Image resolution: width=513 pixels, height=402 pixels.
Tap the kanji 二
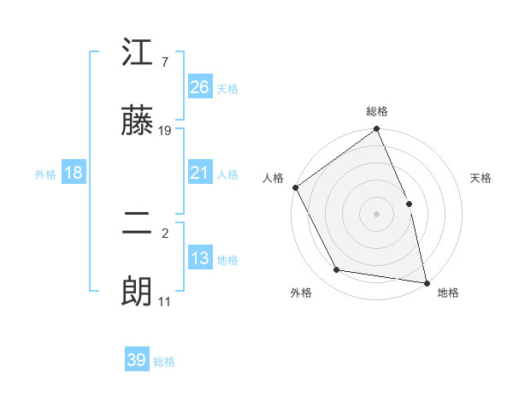[137, 223]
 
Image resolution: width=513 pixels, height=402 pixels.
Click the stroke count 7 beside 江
[164, 62]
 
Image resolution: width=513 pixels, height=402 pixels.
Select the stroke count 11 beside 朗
[165, 301]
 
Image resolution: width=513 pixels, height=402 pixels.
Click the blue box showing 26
[200, 87]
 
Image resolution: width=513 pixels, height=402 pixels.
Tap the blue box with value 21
[200, 174]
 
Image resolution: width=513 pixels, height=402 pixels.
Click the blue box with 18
[74, 174]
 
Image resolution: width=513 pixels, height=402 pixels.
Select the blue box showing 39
[137, 360]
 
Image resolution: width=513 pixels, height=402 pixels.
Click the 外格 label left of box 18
[45, 174]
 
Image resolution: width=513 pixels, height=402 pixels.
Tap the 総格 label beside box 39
[164, 362]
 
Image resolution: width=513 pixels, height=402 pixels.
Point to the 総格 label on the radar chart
[377, 111]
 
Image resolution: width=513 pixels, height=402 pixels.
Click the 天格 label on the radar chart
[481, 178]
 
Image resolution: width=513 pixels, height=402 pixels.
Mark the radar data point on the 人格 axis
[295, 187]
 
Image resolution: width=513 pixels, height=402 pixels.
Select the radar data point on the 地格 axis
[427, 282]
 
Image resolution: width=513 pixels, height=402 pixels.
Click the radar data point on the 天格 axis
[409, 204]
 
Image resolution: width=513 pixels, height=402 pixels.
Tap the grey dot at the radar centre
[377, 214]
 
